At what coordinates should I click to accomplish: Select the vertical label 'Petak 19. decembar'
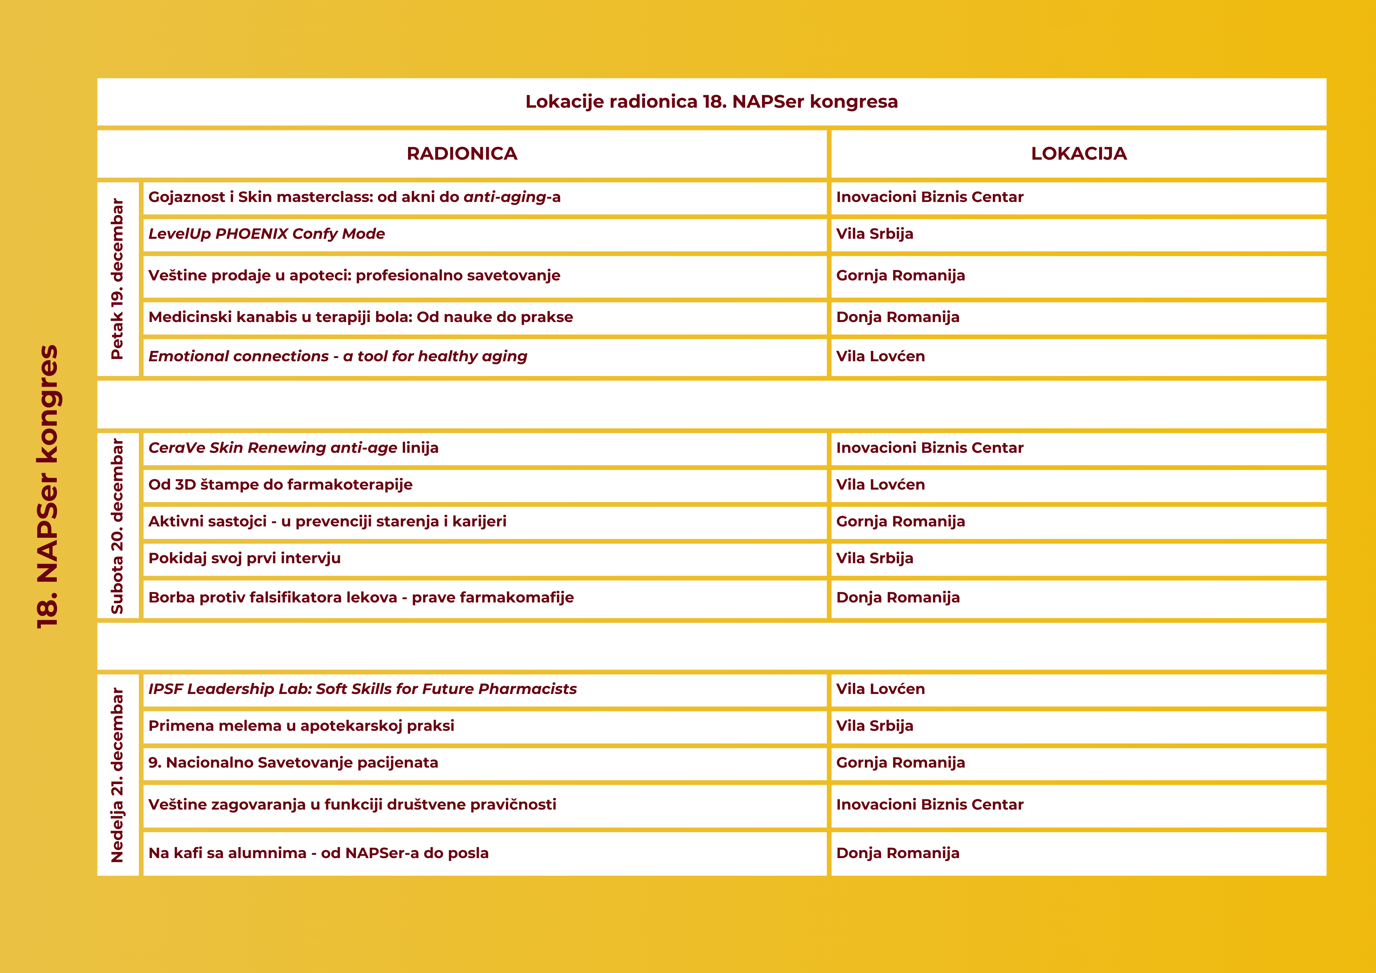tap(117, 279)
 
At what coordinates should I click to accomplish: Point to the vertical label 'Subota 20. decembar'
tap(117, 526)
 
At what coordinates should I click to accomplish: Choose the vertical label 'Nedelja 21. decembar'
tap(117, 774)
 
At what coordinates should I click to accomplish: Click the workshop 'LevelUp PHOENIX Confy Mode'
tap(267, 234)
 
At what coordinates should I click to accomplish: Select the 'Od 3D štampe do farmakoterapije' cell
tap(280, 484)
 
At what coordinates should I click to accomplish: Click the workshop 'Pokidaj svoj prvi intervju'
tap(245, 558)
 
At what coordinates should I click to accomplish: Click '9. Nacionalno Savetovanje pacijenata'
tap(293, 762)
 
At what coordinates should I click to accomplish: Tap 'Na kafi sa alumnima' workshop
tap(318, 853)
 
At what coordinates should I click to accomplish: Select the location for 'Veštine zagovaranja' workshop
tap(929, 804)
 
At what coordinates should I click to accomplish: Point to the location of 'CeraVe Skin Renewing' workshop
tap(929, 448)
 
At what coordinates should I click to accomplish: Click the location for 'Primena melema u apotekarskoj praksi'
tap(874, 726)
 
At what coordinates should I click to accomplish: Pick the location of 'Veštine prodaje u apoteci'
tap(900, 276)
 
